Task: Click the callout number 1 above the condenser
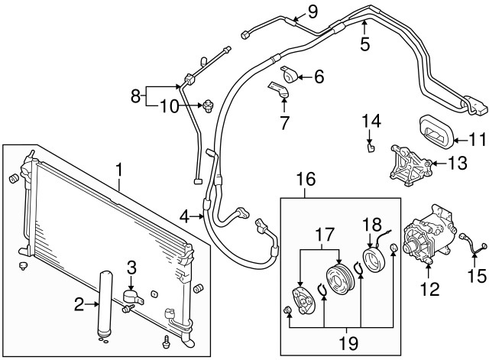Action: [118, 168]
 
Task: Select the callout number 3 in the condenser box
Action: [131, 267]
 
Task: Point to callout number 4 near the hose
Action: [184, 217]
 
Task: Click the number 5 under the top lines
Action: [364, 44]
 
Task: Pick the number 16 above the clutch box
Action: [306, 180]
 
